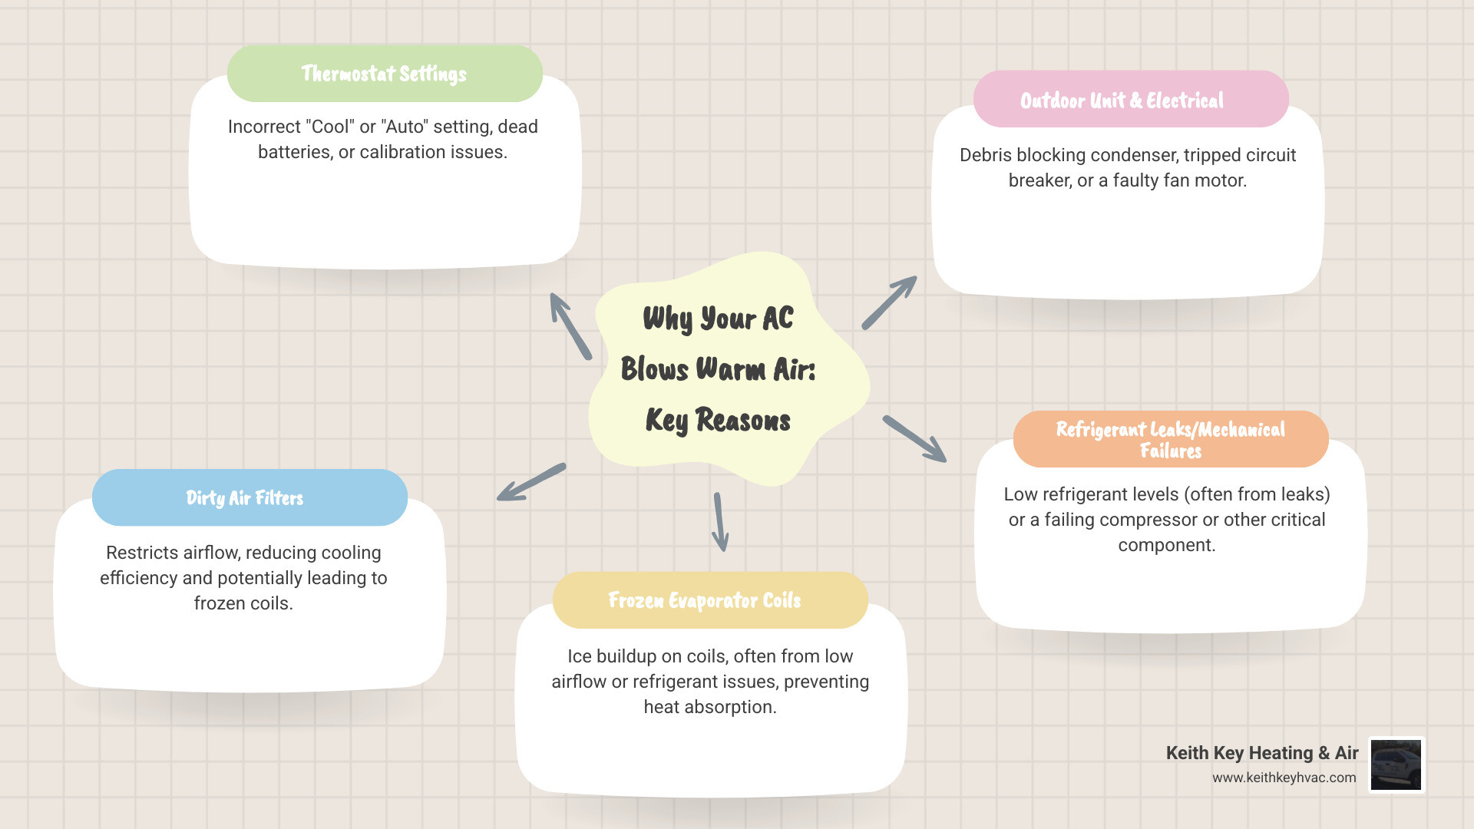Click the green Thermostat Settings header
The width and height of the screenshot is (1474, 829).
tap(385, 74)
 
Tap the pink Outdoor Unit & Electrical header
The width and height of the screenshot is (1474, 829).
tap(1131, 100)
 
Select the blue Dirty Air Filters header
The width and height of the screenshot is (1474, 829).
tap(250, 497)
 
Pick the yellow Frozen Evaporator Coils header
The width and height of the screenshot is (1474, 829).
tap(710, 600)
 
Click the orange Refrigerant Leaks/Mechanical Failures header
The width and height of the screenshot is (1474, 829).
tap(1171, 439)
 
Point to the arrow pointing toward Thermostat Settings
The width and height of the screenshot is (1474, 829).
tap(570, 325)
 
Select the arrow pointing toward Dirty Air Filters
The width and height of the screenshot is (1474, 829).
tap(531, 482)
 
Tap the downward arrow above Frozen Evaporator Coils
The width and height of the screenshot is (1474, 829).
tap(720, 522)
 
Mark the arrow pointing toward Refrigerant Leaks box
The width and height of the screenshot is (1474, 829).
tap(914, 439)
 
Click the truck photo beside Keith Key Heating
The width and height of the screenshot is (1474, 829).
tap(1396, 765)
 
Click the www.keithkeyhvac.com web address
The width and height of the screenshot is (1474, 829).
tap(1284, 778)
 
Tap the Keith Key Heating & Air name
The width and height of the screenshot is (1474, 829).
tap(1262, 753)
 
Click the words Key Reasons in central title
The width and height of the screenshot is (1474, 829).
tap(718, 421)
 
